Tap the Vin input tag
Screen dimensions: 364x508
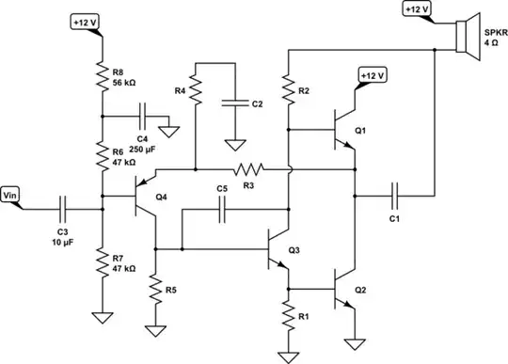[13, 195]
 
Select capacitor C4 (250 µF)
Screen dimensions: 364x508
[141, 118]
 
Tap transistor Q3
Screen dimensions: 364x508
[278, 249]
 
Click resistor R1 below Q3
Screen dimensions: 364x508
[288, 315]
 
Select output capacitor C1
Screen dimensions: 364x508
[395, 198]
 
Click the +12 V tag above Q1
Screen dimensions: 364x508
[373, 74]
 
